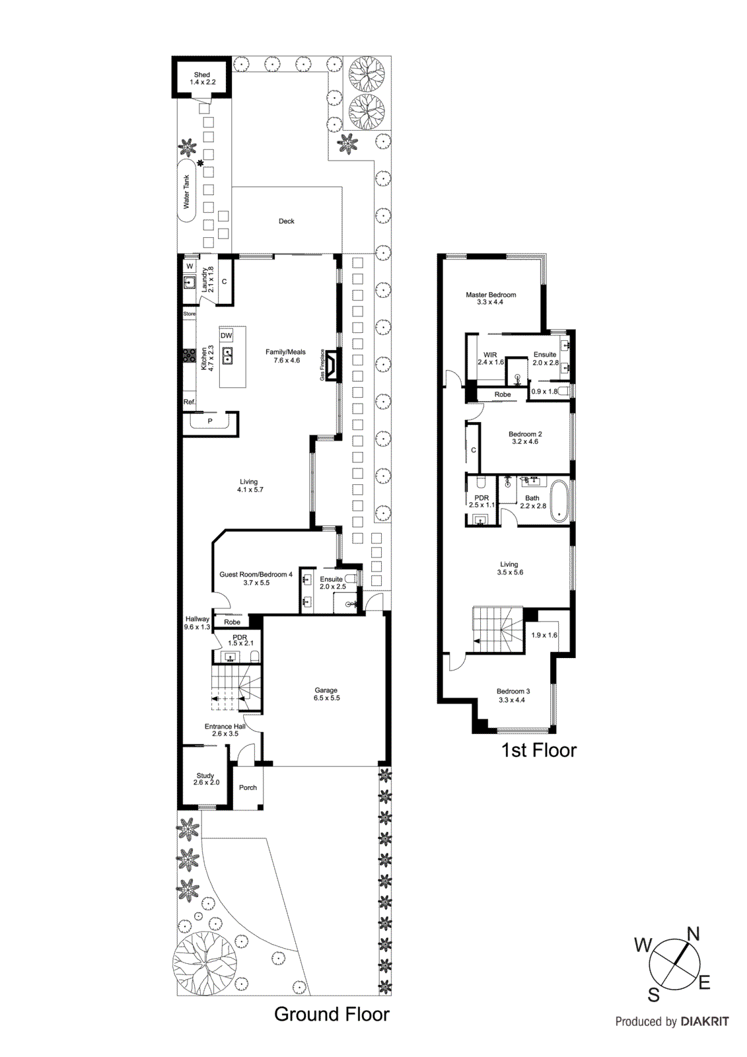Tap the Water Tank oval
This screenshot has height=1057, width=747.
[187, 192]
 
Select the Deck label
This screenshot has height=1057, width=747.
[286, 221]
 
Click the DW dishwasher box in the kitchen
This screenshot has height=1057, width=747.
[227, 336]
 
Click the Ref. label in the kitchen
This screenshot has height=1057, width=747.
[189, 402]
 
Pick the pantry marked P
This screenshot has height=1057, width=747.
[210, 421]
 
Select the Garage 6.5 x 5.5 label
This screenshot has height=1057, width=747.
[326, 694]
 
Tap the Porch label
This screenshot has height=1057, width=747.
[248, 787]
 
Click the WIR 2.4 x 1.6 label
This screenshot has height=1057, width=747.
[490, 358]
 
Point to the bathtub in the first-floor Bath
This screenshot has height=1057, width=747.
[559, 501]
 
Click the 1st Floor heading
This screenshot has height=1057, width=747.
[538, 750]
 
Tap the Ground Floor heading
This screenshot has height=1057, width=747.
[332, 1014]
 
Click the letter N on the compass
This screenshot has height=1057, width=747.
[693, 933]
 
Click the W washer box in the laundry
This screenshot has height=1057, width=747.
[190, 266]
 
